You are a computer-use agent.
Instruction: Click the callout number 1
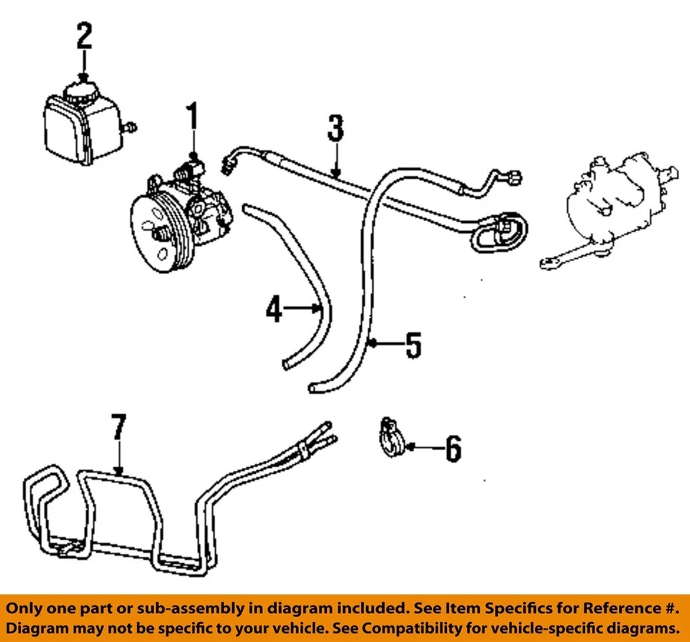coord(192,118)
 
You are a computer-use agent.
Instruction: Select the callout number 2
coord(85,36)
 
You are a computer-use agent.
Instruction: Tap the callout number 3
coord(335,129)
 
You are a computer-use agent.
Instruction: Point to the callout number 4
coord(273,309)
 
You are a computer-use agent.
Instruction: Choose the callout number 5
coord(412,345)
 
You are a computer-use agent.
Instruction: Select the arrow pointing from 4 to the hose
coord(303,309)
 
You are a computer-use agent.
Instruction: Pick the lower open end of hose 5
coord(314,388)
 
